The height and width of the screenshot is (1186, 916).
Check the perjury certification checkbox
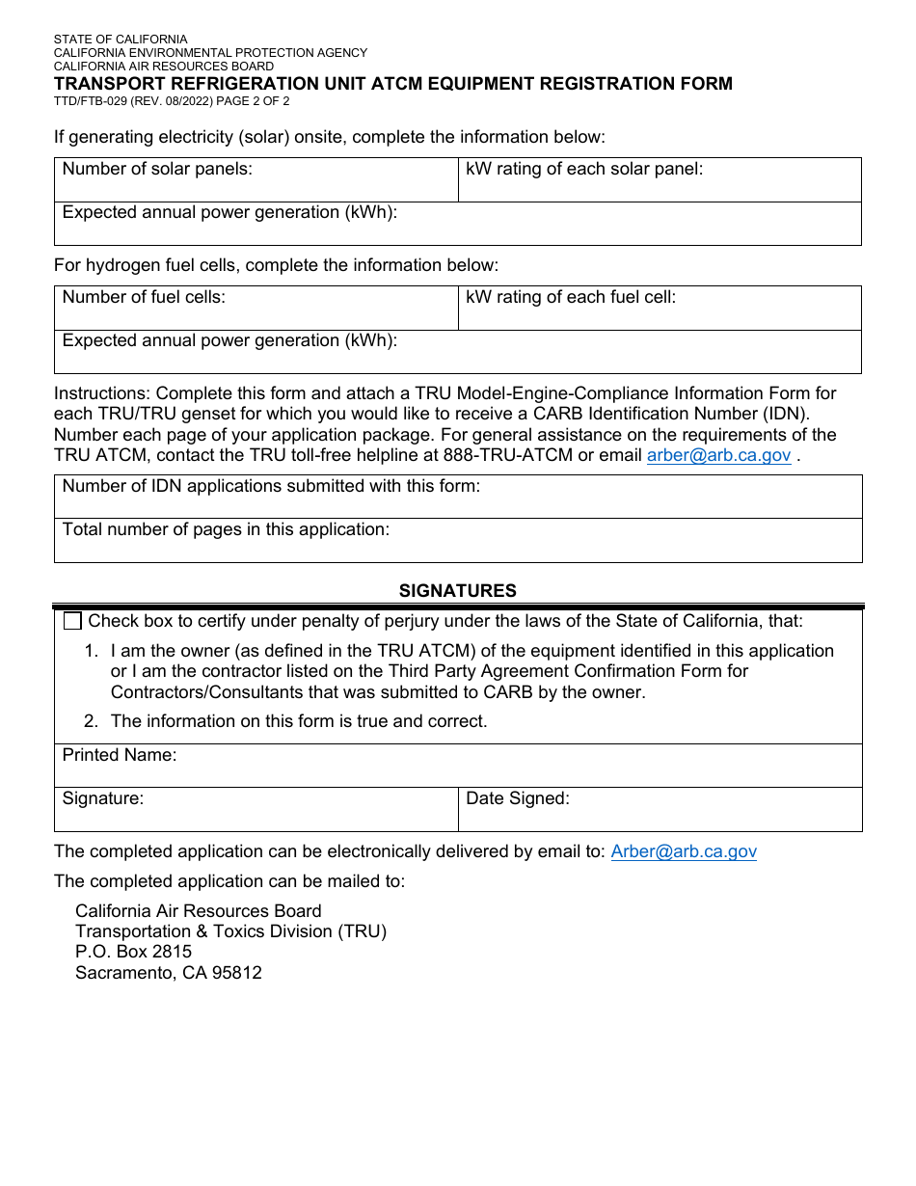tap(72, 622)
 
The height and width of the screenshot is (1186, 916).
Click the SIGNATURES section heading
tap(458, 591)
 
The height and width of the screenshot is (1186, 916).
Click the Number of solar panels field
tap(256, 180)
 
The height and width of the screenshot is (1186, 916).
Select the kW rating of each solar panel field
tap(660, 180)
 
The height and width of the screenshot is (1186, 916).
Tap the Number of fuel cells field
tap(256, 309)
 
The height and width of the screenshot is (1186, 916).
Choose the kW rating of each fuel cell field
tap(660, 309)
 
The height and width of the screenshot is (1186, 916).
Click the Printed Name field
tap(458, 766)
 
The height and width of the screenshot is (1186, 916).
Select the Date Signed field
tap(660, 810)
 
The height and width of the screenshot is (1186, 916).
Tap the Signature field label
tap(103, 798)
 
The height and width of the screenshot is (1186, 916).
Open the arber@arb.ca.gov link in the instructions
tap(718, 456)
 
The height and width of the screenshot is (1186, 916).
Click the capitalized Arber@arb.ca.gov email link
tap(684, 851)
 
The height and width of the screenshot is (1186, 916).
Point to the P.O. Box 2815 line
tap(133, 952)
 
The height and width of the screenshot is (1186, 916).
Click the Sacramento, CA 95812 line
tap(169, 973)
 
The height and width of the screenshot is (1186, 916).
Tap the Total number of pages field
tap(458, 541)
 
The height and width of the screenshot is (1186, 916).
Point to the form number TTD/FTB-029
tap(100, 100)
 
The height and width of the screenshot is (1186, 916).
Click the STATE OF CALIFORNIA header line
tap(121, 40)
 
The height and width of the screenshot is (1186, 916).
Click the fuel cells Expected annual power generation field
tap(458, 353)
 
